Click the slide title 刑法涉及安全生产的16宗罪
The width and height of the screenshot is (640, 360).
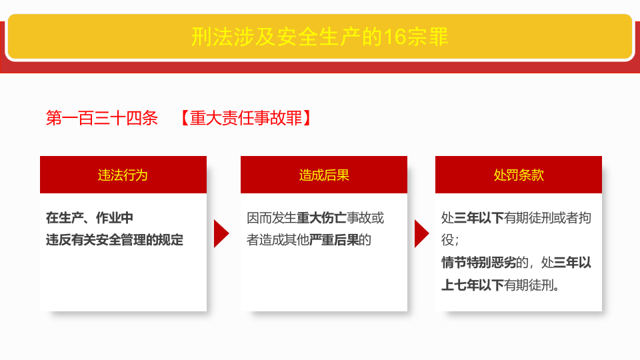pyautogui.click(x=319, y=36)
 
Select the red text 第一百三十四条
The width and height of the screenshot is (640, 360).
pyautogui.click(x=101, y=119)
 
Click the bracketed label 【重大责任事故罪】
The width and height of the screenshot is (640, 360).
pyautogui.click(x=245, y=119)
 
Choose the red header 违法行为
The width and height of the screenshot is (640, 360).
pyautogui.click(x=123, y=175)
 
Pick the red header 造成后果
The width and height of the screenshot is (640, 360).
pyautogui.click(x=324, y=175)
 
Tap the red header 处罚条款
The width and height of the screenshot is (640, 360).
pyautogui.click(x=519, y=175)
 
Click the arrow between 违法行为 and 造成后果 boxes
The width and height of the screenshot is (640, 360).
pyautogui.click(x=221, y=233)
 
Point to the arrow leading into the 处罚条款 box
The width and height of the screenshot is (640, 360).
pyautogui.click(x=421, y=233)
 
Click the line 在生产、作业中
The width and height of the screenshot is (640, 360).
pyautogui.click(x=89, y=218)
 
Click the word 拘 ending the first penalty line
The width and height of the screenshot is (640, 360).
pyautogui.click(x=585, y=218)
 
